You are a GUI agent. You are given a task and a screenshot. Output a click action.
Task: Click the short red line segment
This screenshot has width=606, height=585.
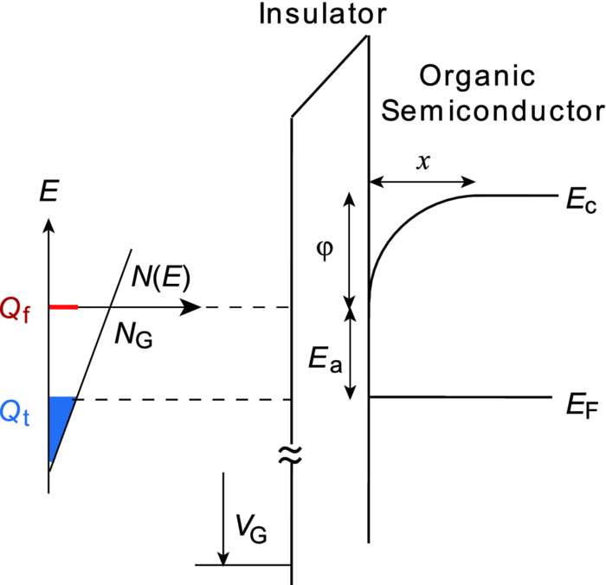click(63, 307)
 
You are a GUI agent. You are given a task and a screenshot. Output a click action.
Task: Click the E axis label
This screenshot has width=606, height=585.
click(49, 192)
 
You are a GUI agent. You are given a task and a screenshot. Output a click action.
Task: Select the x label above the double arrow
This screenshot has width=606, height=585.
click(422, 162)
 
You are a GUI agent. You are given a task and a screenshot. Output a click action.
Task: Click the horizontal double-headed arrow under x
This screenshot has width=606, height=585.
click(422, 182)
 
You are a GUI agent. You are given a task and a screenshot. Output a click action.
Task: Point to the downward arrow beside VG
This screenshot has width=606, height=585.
click(224, 518)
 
